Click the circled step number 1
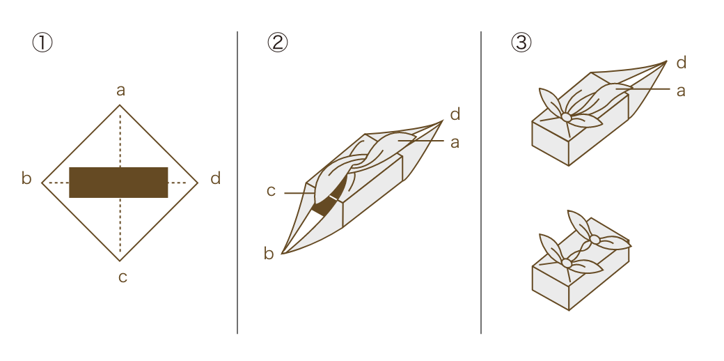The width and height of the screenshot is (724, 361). coord(42,43)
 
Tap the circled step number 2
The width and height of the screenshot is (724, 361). coord(278,43)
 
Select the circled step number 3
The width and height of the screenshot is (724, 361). coord(521,43)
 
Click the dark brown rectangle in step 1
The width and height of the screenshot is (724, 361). coord(118,183)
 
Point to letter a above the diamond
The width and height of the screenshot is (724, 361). coord(120,91)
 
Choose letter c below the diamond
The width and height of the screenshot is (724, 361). coord(123,277)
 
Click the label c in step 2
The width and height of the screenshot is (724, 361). coord(271,192)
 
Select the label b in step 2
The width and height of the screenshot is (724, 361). coord(269,253)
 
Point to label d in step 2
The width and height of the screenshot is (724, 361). coord(455,114)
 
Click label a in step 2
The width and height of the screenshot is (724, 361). coord(455,143)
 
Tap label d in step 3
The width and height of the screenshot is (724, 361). coord(682,63)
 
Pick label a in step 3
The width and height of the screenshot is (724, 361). coord(681,91)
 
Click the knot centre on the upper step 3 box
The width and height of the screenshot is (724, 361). coord(567,117)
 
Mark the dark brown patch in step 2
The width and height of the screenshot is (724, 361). coord(329,198)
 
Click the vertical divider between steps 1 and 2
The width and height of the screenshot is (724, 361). coord(237,183)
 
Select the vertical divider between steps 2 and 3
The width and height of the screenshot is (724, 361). coord(481,183)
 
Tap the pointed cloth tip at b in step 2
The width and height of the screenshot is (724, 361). coord(282,253)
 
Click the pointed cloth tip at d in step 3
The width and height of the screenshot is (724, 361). coord(666,61)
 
